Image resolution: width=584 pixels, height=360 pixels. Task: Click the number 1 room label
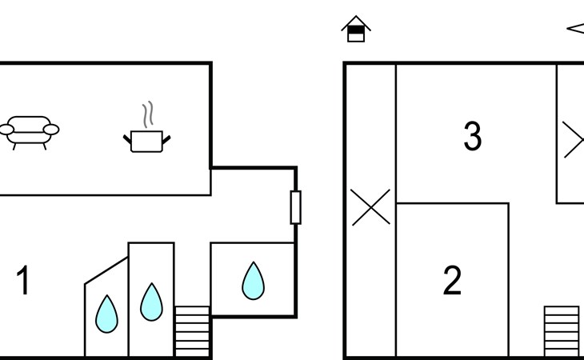(23, 280)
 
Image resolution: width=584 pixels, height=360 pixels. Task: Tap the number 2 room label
(452, 280)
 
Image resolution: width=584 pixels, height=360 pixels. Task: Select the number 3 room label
(473, 136)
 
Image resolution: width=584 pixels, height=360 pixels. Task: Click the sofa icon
(29, 133)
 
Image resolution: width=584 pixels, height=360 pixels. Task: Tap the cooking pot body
(146, 142)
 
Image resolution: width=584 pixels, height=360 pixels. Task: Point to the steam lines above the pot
(147, 114)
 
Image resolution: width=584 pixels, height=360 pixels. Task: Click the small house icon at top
(356, 29)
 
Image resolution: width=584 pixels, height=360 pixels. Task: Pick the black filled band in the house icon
(356, 30)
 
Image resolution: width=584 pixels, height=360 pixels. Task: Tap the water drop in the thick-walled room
(254, 281)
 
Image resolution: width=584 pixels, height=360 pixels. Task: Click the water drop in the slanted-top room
(106, 314)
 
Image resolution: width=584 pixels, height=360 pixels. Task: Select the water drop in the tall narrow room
(151, 302)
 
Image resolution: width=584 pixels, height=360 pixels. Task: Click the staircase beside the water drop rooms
(192, 331)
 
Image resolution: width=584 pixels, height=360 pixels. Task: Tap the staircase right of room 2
(562, 331)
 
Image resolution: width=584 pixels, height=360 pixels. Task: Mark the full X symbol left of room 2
(371, 207)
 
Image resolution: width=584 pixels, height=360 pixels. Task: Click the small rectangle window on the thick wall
(296, 207)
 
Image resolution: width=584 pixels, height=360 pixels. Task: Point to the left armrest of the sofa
(6, 130)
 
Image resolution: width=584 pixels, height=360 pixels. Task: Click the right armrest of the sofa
(51, 130)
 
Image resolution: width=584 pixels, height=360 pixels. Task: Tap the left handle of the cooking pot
(127, 140)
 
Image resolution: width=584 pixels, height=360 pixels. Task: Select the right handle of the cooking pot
(166, 140)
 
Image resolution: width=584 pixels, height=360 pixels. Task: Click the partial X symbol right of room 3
(574, 140)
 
